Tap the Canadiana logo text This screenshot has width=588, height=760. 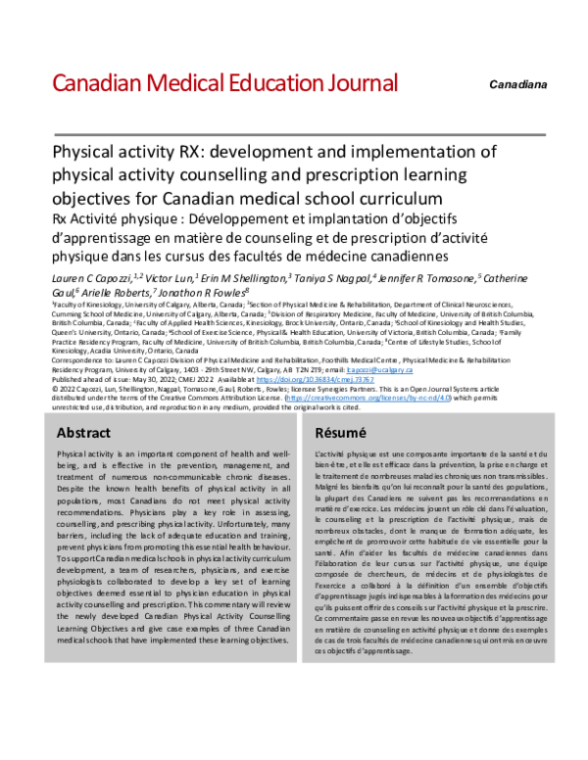click(518, 85)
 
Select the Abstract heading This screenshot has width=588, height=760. click(83, 432)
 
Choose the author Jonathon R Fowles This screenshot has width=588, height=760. click(207, 292)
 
